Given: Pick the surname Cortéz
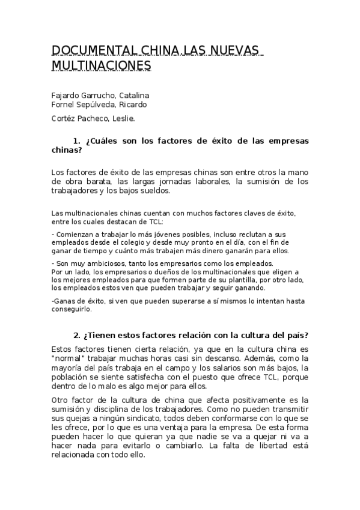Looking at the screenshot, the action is (x=65, y=118).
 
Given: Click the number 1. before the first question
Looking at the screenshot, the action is (x=76, y=141).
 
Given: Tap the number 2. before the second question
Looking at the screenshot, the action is (x=76, y=334).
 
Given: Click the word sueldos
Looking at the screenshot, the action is (x=154, y=191).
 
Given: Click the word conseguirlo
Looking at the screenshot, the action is (x=72, y=310).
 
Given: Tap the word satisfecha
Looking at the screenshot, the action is (x=132, y=377).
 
